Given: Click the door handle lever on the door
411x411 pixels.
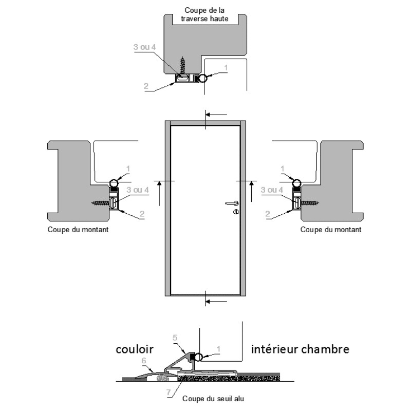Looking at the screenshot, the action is [232, 203].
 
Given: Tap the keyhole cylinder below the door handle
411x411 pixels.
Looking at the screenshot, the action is [236, 212].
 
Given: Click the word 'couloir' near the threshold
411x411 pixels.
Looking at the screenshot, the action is [135, 349].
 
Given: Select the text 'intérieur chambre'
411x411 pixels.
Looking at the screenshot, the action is [300, 349].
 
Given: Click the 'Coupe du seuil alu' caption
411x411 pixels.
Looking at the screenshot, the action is [213, 399].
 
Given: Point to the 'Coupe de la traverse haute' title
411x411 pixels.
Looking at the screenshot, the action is [204, 14].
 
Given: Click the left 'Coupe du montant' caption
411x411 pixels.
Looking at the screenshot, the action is [78, 230].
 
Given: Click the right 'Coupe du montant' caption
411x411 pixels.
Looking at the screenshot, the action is [331, 230].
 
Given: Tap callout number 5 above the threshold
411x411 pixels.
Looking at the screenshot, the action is [175, 338].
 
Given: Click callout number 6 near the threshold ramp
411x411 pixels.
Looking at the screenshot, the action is [144, 361].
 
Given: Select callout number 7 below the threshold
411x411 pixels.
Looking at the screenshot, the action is [169, 393].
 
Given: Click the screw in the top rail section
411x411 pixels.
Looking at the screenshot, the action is [183, 65].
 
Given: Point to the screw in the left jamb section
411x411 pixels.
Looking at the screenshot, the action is [100, 202].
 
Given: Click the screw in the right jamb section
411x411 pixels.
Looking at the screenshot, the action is [310, 202].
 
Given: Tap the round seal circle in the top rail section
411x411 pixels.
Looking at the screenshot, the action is [203, 78].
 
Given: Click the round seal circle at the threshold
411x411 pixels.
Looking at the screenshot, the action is [198, 357].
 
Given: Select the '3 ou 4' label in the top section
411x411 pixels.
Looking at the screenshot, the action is [144, 47].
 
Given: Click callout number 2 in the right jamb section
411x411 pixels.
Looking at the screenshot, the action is [267, 214].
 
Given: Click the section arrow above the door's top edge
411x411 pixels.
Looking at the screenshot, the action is [216, 115].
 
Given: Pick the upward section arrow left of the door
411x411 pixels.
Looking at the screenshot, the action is [159, 194].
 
